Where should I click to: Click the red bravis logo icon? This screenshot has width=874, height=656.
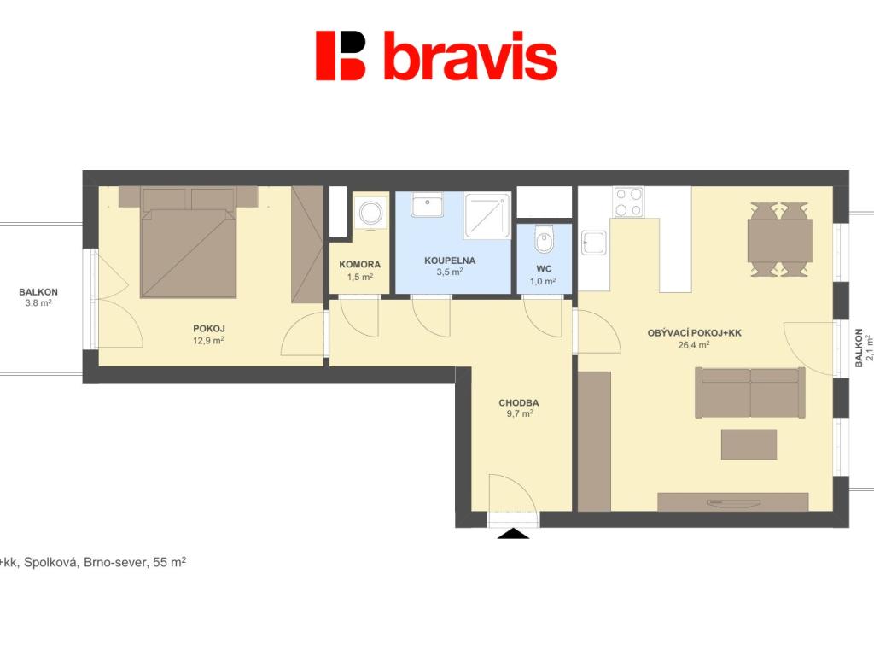pos(340,56)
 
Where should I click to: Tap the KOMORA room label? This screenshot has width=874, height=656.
pos(359,265)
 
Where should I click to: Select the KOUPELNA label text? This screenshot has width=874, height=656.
pos(450,261)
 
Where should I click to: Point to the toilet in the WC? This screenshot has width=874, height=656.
pos(544,239)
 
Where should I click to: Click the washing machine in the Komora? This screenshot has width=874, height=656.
pos(370,213)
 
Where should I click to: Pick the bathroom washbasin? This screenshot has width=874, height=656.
pos(427,204)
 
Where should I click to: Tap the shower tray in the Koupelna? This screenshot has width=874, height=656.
pos(487,214)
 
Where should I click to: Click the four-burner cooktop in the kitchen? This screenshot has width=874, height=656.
pos(629,202)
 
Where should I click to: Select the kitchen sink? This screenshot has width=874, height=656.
pos(594,243)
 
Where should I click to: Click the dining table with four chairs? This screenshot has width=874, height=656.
pos(780,240)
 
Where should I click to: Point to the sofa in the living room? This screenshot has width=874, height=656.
pos(750,392)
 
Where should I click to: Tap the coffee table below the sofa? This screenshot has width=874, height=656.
pos(749,444)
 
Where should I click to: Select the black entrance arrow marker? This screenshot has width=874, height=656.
pos(513,534)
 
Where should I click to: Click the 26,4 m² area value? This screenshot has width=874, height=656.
pos(693,345)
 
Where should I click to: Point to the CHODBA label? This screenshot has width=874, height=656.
pos(518,403)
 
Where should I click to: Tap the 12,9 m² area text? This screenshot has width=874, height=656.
pos(208,341)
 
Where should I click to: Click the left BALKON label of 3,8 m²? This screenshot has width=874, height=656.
pos(38,292)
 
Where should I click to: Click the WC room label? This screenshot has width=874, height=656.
pos(544,269)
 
